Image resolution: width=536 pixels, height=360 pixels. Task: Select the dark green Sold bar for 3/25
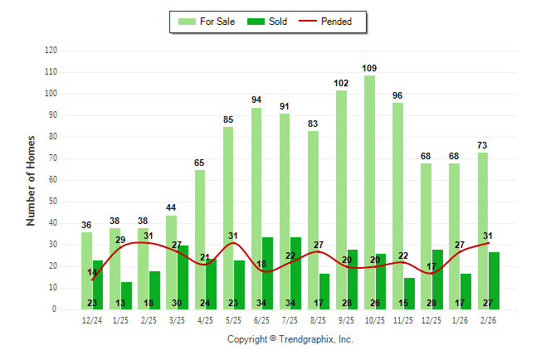point(183,277)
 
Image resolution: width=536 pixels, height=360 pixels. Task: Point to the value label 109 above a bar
point(369,68)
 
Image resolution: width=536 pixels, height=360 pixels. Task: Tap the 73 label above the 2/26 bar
point(482,145)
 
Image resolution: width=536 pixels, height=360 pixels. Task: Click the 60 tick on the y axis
point(53,180)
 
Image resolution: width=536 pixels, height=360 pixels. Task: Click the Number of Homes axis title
point(31,180)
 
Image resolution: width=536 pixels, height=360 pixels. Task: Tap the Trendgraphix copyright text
point(290,339)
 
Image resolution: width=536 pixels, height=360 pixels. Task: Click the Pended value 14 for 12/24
point(92,272)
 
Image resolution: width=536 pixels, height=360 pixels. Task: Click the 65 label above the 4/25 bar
point(199,163)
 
